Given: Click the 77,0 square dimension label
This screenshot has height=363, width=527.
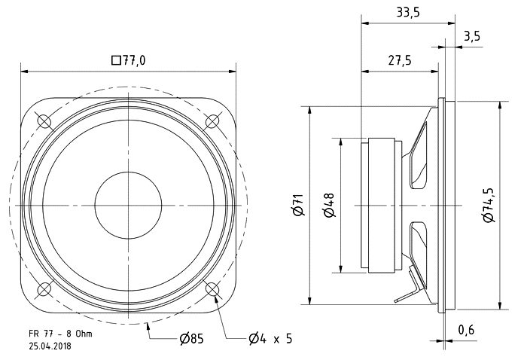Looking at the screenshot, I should pos(128,61).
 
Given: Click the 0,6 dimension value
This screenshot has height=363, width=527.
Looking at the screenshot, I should pos(467,329).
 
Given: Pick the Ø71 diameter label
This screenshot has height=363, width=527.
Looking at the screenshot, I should pos(298,205).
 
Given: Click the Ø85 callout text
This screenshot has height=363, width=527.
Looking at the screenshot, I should pos(192,339).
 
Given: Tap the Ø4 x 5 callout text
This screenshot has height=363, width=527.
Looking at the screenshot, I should pos(270,339).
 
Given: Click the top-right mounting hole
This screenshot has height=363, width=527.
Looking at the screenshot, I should pos(213,120).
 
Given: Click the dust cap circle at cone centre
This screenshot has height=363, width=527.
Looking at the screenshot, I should pos(128,205).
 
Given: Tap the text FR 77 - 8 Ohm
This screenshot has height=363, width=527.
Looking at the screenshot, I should pos(60,333).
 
